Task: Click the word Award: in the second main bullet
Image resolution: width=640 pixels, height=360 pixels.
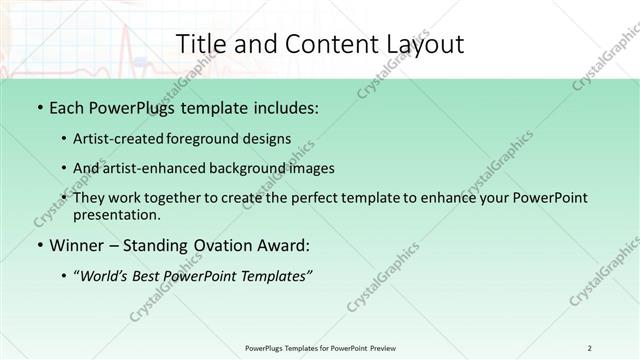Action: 281,244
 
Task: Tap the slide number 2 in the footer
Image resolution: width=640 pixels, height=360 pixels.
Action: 590,348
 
